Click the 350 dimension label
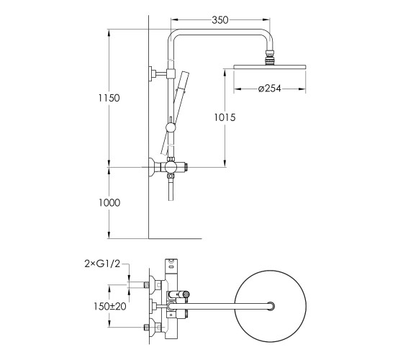point(220,20)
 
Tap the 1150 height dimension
point(109,98)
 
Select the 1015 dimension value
point(225,117)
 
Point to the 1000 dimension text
point(109,202)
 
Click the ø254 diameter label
point(270,89)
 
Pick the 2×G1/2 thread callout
point(102,264)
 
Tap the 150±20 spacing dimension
point(110,306)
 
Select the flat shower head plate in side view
point(270,67)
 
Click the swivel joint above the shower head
point(269,58)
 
